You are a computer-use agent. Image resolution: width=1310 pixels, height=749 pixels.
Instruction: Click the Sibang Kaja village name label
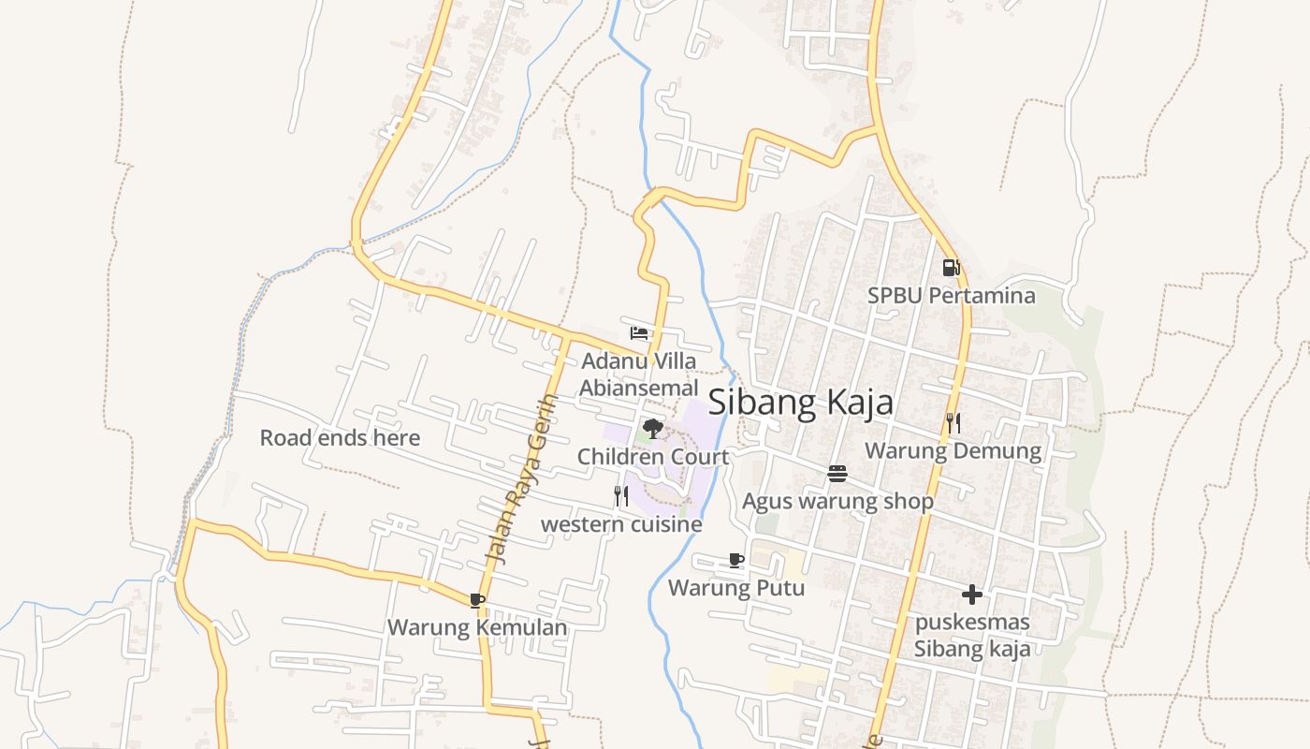click(x=800, y=403)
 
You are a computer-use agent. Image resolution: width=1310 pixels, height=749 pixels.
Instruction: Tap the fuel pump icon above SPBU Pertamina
click(x=951, y=268)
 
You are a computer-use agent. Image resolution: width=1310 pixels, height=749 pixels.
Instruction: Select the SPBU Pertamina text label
click(x=951, y=296)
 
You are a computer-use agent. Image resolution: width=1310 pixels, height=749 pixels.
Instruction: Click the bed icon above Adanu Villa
click(x=639, y=332)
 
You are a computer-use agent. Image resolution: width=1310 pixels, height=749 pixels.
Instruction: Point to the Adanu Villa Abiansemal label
click(x=639, y=374)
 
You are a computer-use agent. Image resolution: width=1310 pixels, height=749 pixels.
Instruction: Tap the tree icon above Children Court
click(x=652, y=429)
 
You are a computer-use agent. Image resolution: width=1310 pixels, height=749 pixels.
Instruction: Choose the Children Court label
click(x=652, y=457)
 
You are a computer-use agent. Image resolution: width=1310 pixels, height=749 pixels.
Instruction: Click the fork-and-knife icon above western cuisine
click(x=621, y=496)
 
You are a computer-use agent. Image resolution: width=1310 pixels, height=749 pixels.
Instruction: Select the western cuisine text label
click(x=621, y=524)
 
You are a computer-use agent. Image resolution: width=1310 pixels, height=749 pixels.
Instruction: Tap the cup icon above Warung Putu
click(x=736, y=560)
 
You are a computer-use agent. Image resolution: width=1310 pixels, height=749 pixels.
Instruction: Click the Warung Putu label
click(x=736, y=588)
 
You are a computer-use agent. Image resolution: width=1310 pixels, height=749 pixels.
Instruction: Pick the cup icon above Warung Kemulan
click(x=477, y=599)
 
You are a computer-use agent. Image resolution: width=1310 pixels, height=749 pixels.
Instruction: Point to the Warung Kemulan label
click(x=477, y=627)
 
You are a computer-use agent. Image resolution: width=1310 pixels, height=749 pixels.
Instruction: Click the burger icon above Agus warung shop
click(x=837, y=474)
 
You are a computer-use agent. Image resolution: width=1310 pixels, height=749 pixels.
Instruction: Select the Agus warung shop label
click(x=837, y=502)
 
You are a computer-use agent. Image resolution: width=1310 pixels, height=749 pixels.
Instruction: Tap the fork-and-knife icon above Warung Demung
click(x=953, y=423)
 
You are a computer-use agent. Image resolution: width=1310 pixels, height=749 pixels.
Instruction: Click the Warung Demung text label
click(x=953, y=451)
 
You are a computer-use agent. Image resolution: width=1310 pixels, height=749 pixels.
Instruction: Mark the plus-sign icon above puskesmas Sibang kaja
click(x=972, y=594)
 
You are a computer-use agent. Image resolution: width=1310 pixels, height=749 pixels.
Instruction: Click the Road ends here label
click(x=340, y=437)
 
